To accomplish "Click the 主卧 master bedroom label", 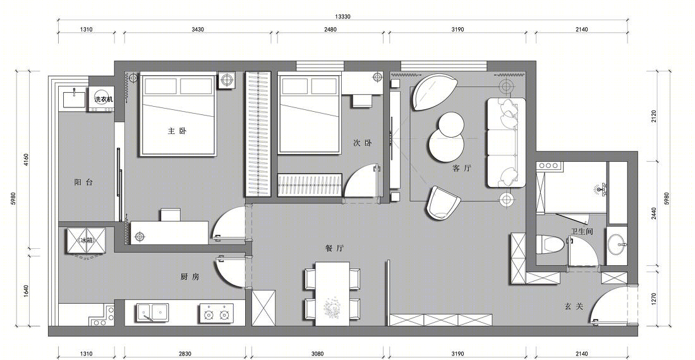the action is pos(177,131).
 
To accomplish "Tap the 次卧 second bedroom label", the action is pos(362,143).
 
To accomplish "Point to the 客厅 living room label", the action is pos(462,168).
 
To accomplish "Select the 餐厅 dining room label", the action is pos(334,248).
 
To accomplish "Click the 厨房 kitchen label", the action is pos(190,277).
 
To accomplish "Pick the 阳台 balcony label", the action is pos(84,182).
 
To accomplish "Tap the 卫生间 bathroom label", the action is pos(582,232).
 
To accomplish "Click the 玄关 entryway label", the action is pos(574,306).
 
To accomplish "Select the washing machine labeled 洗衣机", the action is pos(104,99).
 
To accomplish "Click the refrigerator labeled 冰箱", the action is pos(87,241).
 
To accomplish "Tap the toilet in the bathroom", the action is pos(550,245).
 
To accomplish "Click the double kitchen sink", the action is pos(152,312).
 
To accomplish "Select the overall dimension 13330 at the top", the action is pos(342,17).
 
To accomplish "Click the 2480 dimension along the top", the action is pos(330,30).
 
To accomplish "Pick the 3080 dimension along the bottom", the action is pos(317,354).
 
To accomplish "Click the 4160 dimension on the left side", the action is pos(26,160).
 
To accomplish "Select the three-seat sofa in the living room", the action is pos(505,143).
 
